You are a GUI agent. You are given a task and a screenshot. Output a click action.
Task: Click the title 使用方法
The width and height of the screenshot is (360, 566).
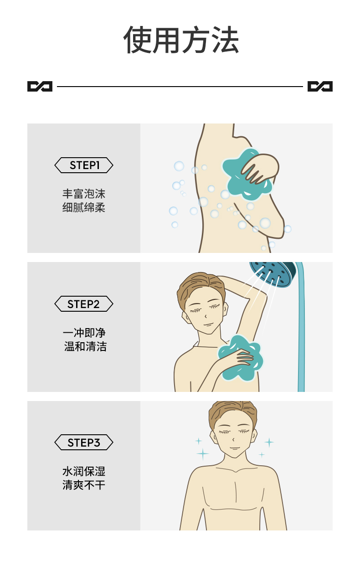click(181, 40)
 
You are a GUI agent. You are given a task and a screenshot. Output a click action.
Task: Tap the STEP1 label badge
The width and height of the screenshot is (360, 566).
click(84, 165)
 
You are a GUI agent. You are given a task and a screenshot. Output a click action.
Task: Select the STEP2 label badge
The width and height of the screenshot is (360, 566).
click(84, 304)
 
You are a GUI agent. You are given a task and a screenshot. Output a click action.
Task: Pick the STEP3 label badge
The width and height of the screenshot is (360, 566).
click(84, 443)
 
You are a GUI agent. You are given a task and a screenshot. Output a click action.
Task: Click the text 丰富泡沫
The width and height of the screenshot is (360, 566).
click(84, 194)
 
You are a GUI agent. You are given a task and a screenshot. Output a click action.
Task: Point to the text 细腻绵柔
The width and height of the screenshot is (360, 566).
click(84, 208)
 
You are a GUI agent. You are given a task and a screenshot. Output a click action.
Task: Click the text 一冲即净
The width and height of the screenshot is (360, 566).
click(84, 333)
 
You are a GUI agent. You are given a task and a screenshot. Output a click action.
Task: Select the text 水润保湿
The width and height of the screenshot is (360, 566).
click(84, 471)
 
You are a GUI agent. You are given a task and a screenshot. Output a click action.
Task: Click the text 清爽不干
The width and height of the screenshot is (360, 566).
click(84, 485)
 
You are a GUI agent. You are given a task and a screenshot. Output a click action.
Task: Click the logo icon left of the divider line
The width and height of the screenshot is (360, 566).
click(40, 86)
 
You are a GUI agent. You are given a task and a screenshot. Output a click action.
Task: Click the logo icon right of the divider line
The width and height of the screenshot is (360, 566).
click(320, 86)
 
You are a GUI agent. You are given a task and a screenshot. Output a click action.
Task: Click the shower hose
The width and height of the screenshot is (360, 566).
click(300, 337)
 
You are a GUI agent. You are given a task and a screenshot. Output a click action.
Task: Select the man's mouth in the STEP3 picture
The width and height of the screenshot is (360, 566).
click(234, 448)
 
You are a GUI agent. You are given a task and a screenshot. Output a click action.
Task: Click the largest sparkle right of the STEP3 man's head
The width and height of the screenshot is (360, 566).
click(269, 442)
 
